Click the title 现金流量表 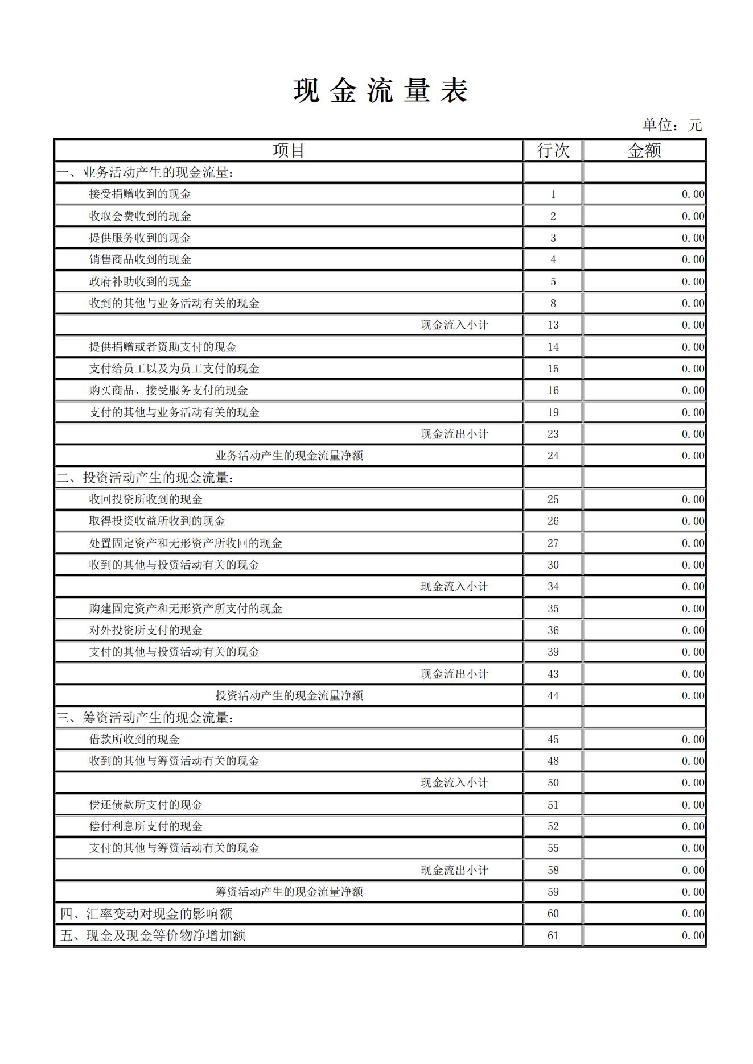point(380,91)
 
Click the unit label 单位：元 point(672,125)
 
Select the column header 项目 point(289,151)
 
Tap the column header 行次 point(553,151)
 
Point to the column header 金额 point(644,151)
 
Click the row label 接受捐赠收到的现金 point(140,194)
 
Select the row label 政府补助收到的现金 point(140,281)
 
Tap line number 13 point(553,325)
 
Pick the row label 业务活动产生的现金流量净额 point(289,456)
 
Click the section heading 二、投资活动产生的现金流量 point(145,478)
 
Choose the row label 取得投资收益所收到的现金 point(157,521)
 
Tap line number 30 point(553,565)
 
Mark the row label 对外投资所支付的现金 point(146,631)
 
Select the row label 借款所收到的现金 point(134,740)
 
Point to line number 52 point(553,827)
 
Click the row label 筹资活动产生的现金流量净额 point(289,892)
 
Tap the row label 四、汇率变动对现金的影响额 point(146,914)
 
